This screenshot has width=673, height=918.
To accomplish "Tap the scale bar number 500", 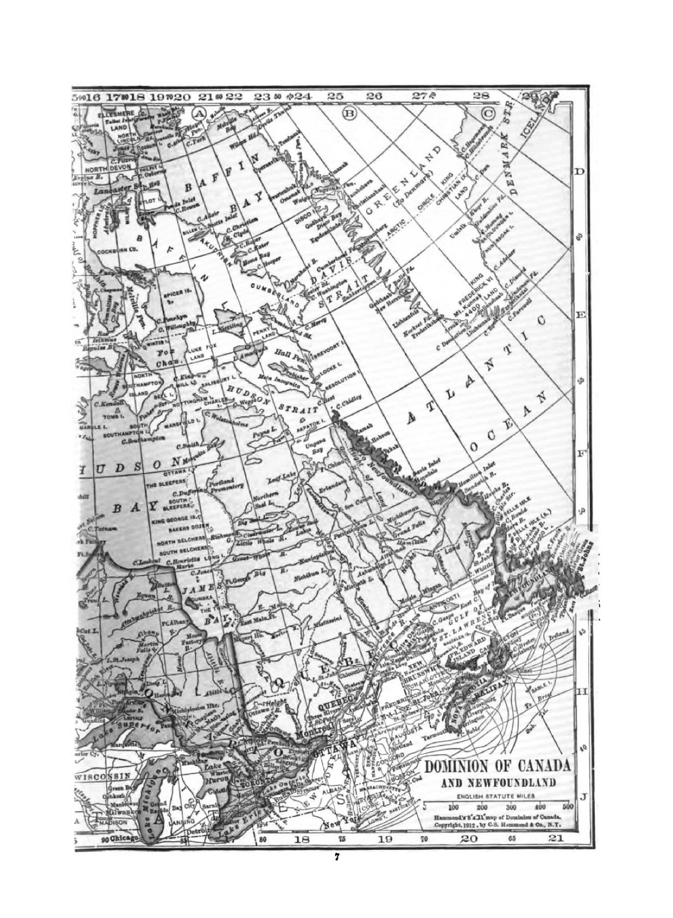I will [567, 806].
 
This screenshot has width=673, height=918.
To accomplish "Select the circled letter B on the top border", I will [350, 112].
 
